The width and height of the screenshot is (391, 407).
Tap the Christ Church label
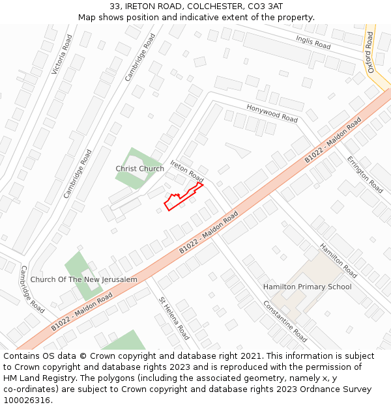click(x=139, y=169)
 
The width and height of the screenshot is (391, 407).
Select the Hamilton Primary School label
click(x=307, y=287)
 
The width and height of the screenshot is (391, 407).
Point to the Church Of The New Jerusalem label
click(x=84, y=280)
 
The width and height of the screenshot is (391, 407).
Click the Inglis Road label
click(x=313, y=43)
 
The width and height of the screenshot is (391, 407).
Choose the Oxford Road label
click(x=370, y=52)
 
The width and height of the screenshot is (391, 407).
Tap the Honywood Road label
click(x=272, y=113)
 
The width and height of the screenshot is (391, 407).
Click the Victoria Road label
click(x=63, y=54)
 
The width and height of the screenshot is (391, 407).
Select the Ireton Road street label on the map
click(x=187, y=171)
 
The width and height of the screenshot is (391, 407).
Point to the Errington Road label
click(x=364, y=174)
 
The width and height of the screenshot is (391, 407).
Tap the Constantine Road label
click(x=285, y=321)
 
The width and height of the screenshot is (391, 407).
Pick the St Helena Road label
click(x=174, y=318)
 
